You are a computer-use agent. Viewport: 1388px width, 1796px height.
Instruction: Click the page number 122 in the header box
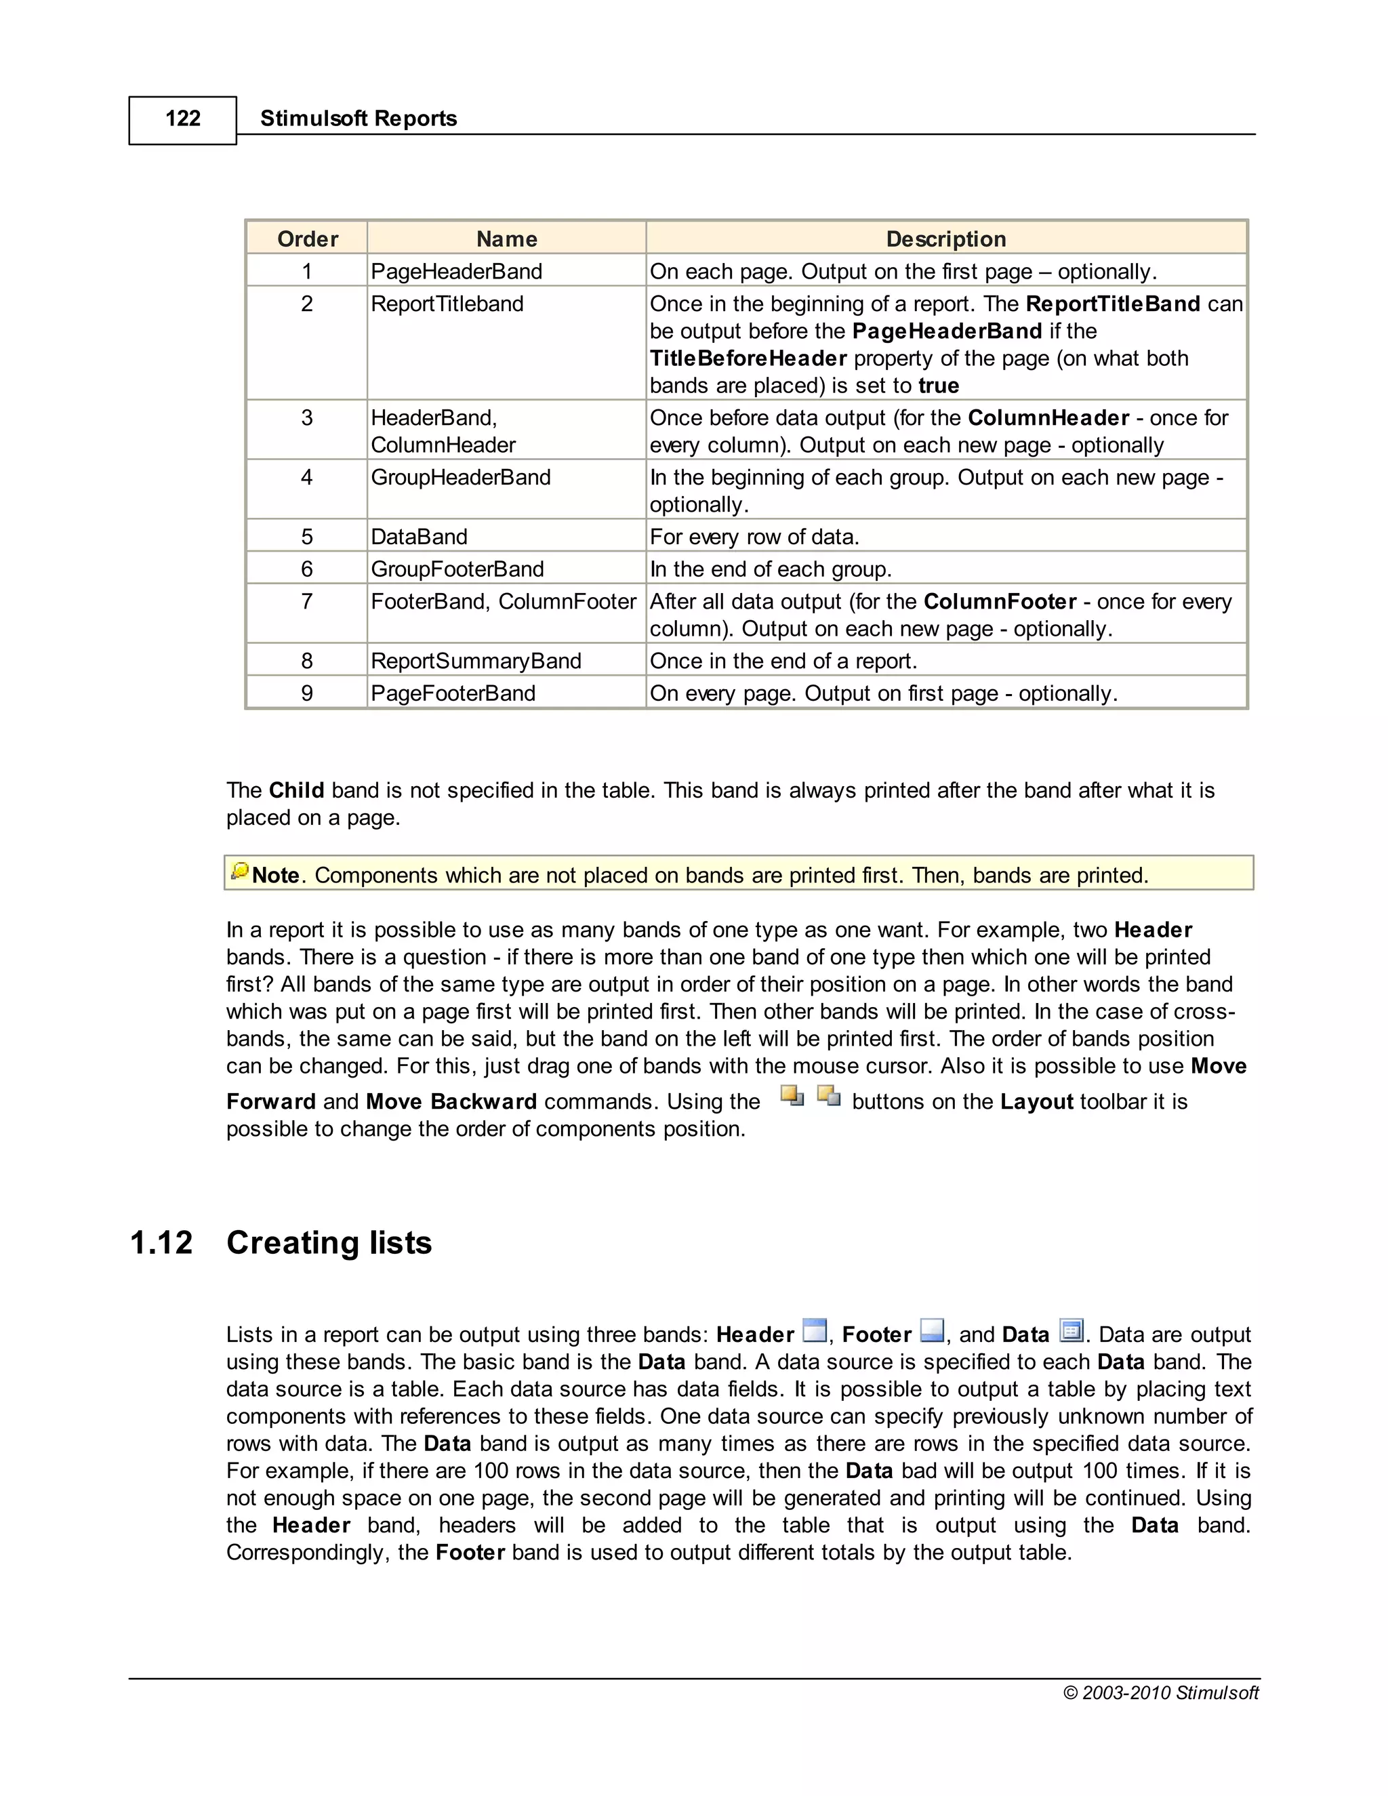click(x=182, y=119)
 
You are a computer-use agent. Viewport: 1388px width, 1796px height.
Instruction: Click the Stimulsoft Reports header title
click(x=358, y=119)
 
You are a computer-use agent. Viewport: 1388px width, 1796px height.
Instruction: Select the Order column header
click(x=308, y=239)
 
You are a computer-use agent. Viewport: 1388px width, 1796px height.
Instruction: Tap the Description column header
click(x=945, y=239)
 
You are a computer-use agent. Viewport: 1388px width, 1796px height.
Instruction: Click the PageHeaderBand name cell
click(x=456, y=271)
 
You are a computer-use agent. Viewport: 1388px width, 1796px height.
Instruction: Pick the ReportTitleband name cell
click(x=447, y=304)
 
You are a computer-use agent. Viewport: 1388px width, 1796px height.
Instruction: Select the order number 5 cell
click(x=307, y=537)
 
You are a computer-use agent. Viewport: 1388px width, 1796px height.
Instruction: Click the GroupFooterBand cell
click(x=457, y=569)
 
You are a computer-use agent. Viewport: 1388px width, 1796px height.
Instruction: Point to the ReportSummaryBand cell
click(x=476, y=661)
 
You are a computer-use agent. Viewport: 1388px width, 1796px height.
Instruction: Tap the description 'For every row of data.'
click(x=754, y=537)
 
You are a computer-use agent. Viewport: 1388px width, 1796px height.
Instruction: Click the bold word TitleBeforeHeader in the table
click(x=748, y=359)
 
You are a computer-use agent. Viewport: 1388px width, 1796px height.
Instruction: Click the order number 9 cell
click(x=307, y=693)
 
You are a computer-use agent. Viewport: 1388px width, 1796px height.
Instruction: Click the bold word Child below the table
click(x=296, y=790)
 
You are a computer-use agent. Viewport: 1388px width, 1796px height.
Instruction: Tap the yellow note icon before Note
click(x=240, y=871)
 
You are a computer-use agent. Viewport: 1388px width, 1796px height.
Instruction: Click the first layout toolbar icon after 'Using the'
click(x=792, y=1096)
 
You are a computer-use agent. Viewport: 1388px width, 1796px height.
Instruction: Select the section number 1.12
click(x=161, y=1242)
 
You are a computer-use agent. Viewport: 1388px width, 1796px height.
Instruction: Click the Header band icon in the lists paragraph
click(x=814, y=1330)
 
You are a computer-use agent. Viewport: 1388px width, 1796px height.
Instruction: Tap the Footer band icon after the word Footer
click(x=932, y=1330)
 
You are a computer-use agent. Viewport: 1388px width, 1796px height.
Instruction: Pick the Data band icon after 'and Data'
click(x=1071, y=1330)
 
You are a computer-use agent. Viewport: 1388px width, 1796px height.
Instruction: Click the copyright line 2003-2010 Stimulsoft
click(x=1160, y=1692)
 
